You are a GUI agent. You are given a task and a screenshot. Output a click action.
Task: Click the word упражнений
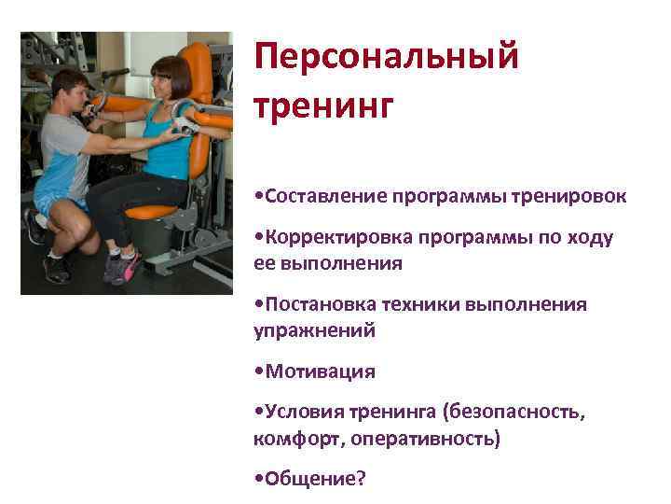(313, 329)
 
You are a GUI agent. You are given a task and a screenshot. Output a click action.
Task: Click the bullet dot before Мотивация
(258, 372)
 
